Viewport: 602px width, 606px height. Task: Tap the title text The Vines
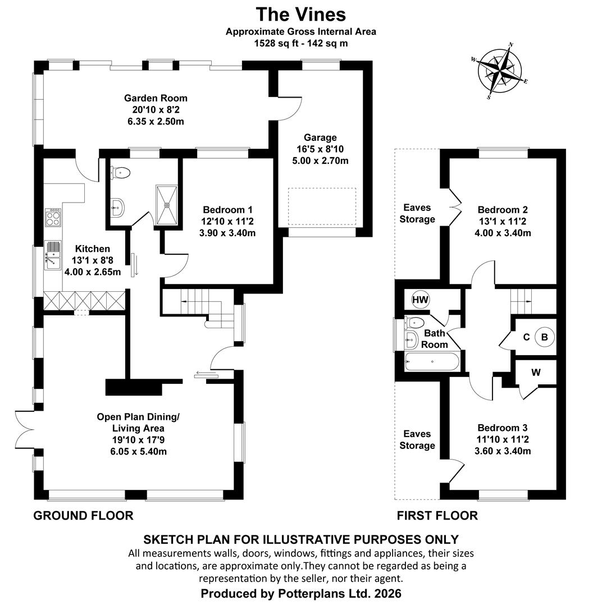pyautogui.click(x=300, y=15)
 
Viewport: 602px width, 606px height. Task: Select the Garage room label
pyautogui.click(x=320, y=137)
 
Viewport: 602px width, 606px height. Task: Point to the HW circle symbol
pyautogui.click(x=421, y=300)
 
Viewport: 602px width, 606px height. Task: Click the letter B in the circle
pyautogui.click(x=544, y=337)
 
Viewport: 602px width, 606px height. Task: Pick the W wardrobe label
pyautogui.click(x=536, y=373)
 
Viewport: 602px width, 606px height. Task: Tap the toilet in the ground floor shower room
pyautogui.click(x=120, y=172)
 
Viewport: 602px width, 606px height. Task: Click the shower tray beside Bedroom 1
pyautogui.click(x=167, y=204)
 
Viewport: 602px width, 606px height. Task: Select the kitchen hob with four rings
pyautogui.click(x=53, y=217)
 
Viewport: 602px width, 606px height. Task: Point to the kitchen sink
pyautogui.click(x=53, y=255)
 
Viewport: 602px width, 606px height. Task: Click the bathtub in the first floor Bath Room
pyautogui.click(x=432, y=362)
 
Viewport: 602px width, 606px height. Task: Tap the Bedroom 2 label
pyautogui.click(x=503, y=210)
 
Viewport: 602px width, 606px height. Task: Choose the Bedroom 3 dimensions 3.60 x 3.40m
pyautogui.click(x=503, y=451)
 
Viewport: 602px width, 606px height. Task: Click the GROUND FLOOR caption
pyautogui.click(x=83, y=516)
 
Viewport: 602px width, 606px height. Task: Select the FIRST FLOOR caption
pyautogui.click(x=437, y=516)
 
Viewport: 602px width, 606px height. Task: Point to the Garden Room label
pyautogui.click(x=156, y=98)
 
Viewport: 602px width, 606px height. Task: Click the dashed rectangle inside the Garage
pyautogui.click(x=322, y=206)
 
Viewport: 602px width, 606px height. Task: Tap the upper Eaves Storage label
pyautogui.click(x=417, y=213)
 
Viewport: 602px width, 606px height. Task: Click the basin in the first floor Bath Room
pyautogui.click(x=411, y=340)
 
